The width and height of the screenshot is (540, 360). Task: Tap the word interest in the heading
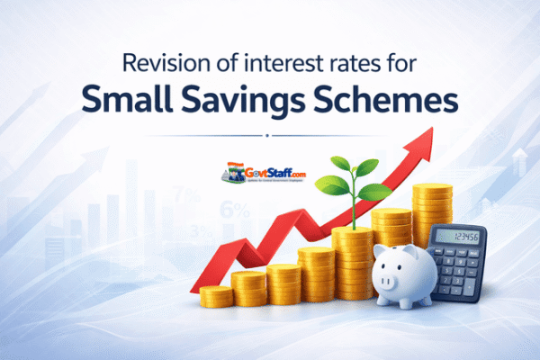point(284,66)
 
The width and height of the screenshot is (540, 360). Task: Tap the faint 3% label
point(202,231)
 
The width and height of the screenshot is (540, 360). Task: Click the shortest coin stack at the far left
point(216,295)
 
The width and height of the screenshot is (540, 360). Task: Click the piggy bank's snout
point(384,282)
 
